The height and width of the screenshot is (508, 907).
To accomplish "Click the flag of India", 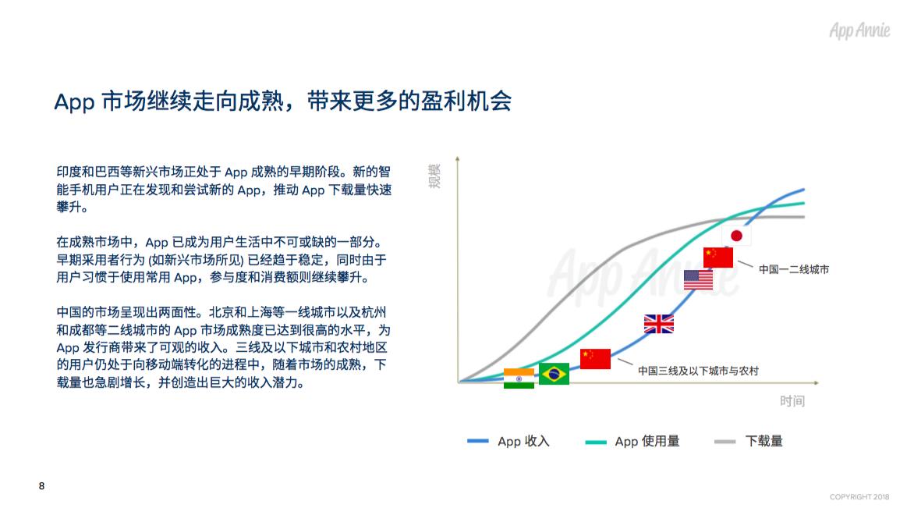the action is [x=519, y=378].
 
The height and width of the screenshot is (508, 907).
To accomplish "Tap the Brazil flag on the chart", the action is [x=554, y=374].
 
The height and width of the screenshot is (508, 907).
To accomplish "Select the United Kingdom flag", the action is [x=659, y=324].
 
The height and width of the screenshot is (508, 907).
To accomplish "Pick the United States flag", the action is [x=698, y=280].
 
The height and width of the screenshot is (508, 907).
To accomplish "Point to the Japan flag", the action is [x=736, y=236].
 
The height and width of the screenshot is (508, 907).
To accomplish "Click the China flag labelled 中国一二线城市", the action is [x=718, y=258].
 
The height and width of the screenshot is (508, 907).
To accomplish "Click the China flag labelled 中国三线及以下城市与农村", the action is [x=595, y=359].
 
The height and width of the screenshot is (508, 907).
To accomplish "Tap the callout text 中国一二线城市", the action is [x=794, y=270].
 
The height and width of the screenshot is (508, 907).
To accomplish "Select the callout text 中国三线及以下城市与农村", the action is [x=698, y=371].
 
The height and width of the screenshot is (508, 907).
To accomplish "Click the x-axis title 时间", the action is [x=792, y=401].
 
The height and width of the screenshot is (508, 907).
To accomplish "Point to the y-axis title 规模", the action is [x=434, y=176].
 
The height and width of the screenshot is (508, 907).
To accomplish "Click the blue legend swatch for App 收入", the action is [x=478, y=441].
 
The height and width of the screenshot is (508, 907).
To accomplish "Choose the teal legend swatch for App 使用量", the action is [x=596, y=442].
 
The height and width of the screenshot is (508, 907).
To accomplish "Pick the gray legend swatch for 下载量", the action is [x=725, y=442].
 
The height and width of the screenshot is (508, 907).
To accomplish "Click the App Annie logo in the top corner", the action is [x=859, y=30].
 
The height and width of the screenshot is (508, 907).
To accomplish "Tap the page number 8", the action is [x=41, y=486].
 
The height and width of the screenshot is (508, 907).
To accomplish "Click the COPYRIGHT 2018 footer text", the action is [x=859, y=497].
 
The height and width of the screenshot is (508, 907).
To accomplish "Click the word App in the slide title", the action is [x=75, y=102].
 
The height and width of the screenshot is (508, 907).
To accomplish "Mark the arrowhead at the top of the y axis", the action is [x=458, y=158].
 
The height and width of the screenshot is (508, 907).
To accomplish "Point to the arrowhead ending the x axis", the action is [x=817, y=382].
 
